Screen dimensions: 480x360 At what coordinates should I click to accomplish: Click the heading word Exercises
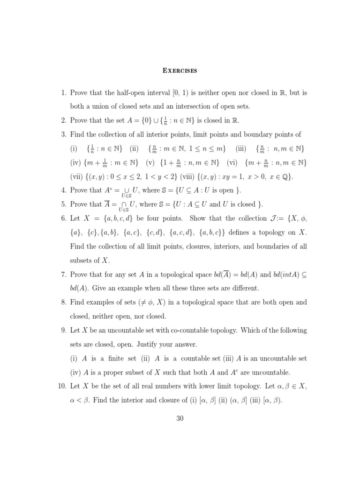[x=180, y=71]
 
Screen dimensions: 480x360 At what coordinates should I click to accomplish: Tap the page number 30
[x=180, y=419]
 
